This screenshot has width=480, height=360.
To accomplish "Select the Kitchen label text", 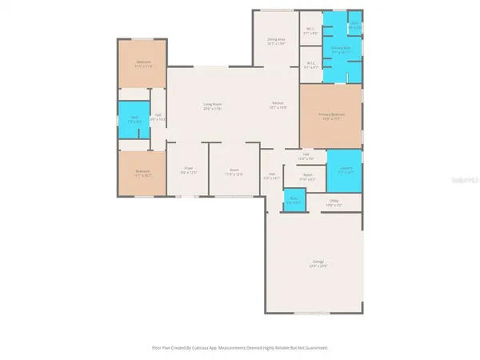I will coord(278,105).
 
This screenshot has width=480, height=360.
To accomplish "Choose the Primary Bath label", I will coord(341,49).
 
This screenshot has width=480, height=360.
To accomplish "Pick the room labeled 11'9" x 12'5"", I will coord(234,171).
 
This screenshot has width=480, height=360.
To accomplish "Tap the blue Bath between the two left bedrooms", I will coord(134,120).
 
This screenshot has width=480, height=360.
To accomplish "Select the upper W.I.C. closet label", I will coord(310,31).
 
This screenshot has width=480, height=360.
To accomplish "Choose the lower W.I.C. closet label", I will coord(310,66).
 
